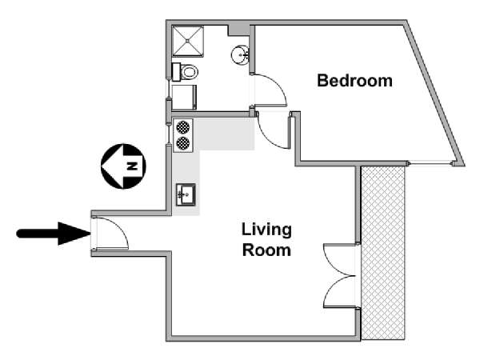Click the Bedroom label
click(354, 81)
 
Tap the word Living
click(266, 230)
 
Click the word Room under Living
click(266, 250)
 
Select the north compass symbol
click(123, 166)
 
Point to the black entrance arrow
click(54, 234)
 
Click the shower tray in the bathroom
click(188, 42)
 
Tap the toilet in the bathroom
click(185, 72)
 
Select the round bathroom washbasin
click(240, 55)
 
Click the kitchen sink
click(186, 194)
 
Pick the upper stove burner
click(182, 128)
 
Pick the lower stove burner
click(182, 143)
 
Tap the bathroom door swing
click(270, 90)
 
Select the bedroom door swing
click(274, 130)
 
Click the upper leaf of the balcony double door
click(339, 259)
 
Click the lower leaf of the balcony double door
click(339, 292)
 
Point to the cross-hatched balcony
click(383, 253)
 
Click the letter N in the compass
click(132, 166)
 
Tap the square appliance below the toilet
click(184, 98)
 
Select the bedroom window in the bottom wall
click(430, 163)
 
